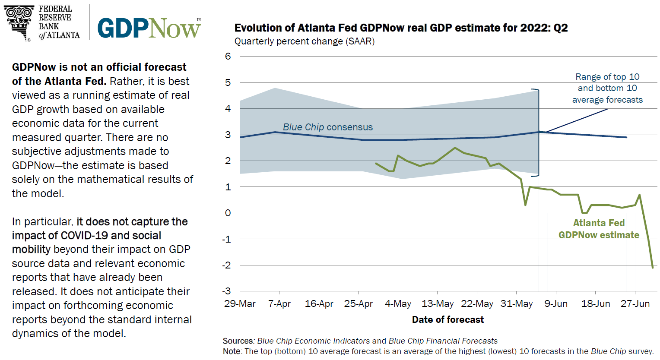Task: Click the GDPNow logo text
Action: click(x=149, y=28)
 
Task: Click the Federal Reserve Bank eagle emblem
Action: click(x=19, y=22)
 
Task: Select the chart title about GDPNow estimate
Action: click(x=401, y=28)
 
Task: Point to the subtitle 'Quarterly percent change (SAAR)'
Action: click(x=305, y=41)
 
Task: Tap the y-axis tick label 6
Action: click(x=228, y=56)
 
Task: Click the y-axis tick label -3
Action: click(x=227, y=291)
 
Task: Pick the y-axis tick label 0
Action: click(x=228, y=213)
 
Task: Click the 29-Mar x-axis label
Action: click(x=240, y=304)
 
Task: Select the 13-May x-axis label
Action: click(x=438, y=304)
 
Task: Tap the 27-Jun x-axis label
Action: click(x=635, y=304)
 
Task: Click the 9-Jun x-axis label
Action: click(x=556, y=304)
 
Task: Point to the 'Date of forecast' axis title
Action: click(x=448, y=320)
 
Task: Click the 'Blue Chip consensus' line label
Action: click(x=327, y=127)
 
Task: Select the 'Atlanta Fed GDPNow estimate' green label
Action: click(x=599, y=229)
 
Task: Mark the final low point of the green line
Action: click(x=653, y=268)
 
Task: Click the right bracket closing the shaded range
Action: click(x=538, y=132)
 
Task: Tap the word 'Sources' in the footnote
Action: click(x=238, y=341)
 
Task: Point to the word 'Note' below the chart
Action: click(x=232, y=351)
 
